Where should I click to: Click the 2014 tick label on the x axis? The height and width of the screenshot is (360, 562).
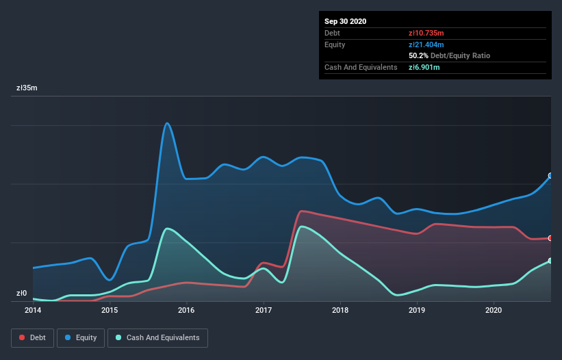click(33, 310)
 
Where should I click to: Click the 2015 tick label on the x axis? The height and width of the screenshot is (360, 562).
click(110, 310)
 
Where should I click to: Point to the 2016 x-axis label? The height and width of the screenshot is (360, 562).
click(186, 310)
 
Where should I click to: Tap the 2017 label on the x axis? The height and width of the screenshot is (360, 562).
click(263, 310)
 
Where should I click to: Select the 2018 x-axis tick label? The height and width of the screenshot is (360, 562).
click(340, 310)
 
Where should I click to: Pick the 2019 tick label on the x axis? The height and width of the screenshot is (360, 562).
click(416, 310)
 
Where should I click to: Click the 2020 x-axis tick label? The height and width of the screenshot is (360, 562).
click(493, 310)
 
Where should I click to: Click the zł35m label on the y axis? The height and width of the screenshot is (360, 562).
click(27, 88)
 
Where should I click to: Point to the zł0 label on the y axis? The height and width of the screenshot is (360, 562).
click(22, 294)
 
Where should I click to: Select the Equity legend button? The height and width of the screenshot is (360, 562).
click(81, 337)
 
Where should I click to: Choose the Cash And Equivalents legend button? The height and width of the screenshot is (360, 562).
click(157, 337)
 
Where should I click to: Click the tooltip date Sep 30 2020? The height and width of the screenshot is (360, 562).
click(346, 21)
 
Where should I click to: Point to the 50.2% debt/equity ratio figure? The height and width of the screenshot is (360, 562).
click(418, 55)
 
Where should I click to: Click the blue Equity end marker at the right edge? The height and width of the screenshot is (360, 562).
click(550, 176)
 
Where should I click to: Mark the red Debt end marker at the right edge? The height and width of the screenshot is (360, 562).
click(550, 238)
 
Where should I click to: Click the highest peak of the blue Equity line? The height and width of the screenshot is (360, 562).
click(167, 123)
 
